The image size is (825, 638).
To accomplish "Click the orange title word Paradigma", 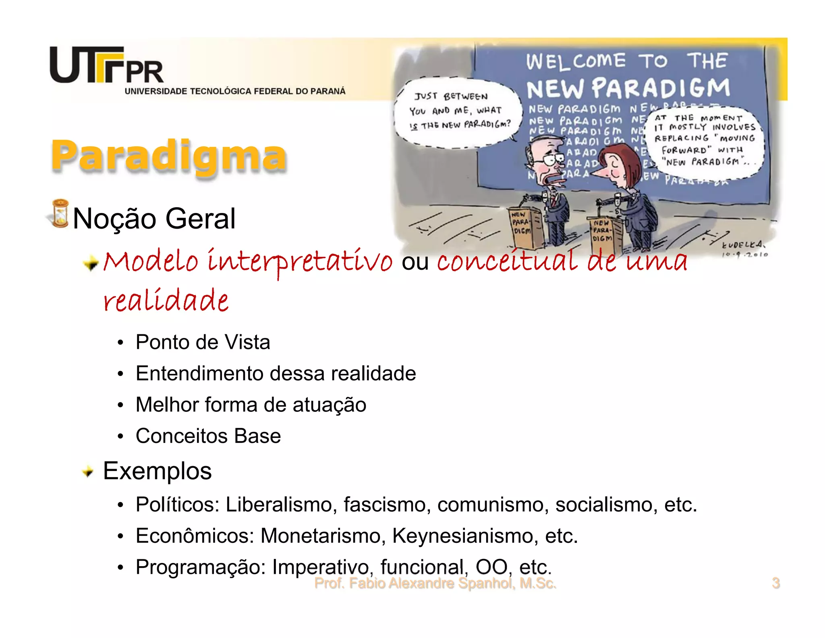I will pos(168,155).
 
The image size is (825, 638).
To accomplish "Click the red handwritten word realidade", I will pos(166,300).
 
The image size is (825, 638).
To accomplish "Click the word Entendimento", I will pos(200,373).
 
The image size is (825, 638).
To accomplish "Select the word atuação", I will pos(329,405).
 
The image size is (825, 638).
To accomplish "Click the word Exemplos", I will pos(157,471).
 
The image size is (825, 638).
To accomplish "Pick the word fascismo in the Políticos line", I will pos(386,505).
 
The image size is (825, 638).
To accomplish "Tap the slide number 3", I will pos(775,583).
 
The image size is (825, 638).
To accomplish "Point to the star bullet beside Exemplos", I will pos(87,471).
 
